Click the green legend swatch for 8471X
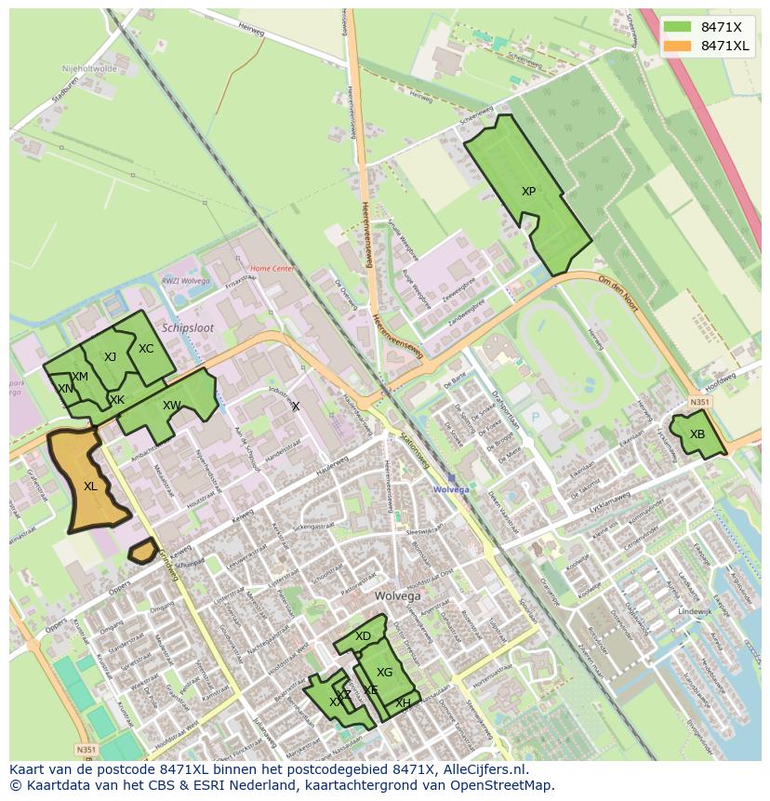point(679,26)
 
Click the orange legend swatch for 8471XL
point(679,46)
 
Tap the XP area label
point(528,192)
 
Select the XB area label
point(697,434)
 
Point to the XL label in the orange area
point(90,486)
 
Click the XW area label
point(171,406)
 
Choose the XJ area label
point(110,357)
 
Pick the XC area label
point(146,349)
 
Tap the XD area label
point(363,636)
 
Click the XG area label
point(384,673)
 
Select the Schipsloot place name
point(187,328)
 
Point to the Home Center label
point(272,269)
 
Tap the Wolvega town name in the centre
point(397,595)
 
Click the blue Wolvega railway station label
point(451,488)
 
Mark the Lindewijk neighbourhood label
point(695,611)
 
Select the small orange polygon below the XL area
point(142,552)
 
